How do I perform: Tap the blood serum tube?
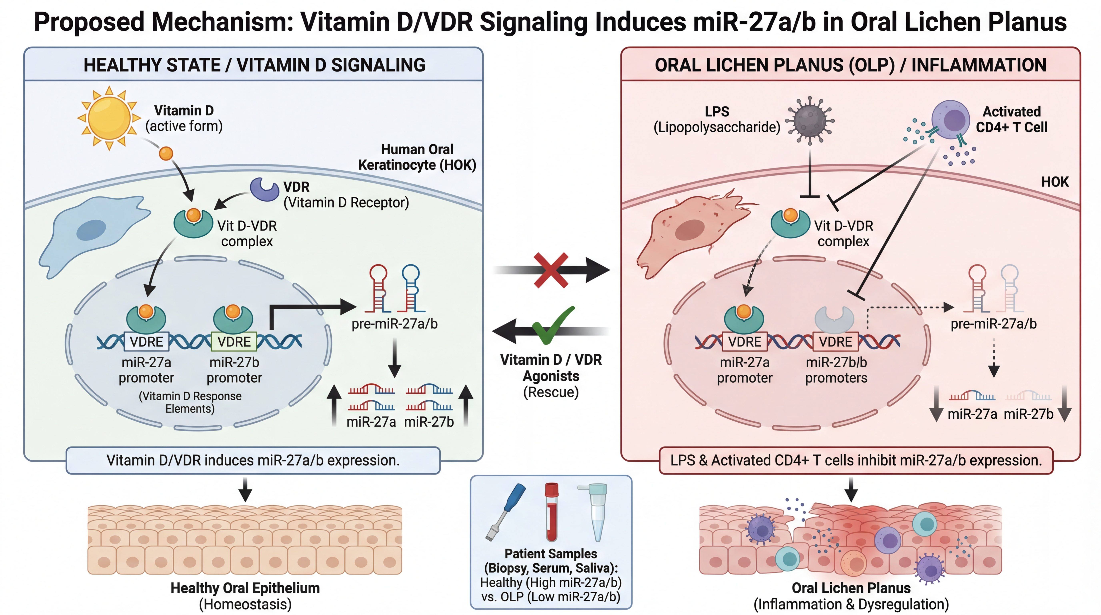(x=552, y=512)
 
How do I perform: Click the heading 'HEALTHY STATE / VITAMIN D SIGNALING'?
(x=254, y=65)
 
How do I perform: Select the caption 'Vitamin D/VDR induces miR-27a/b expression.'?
(x=253, y=460)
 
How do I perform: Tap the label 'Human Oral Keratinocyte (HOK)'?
(x=417, y=157)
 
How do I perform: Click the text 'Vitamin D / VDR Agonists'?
(x=551, y=368)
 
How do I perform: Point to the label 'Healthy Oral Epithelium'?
(x=245, y=588)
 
